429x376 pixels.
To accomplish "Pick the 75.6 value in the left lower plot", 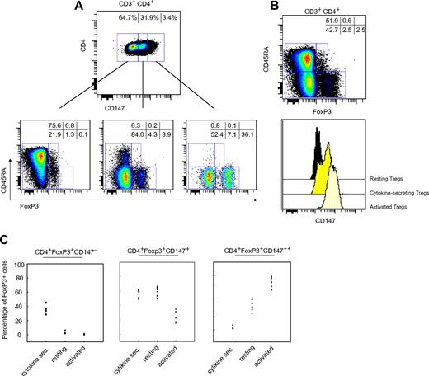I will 57,126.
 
